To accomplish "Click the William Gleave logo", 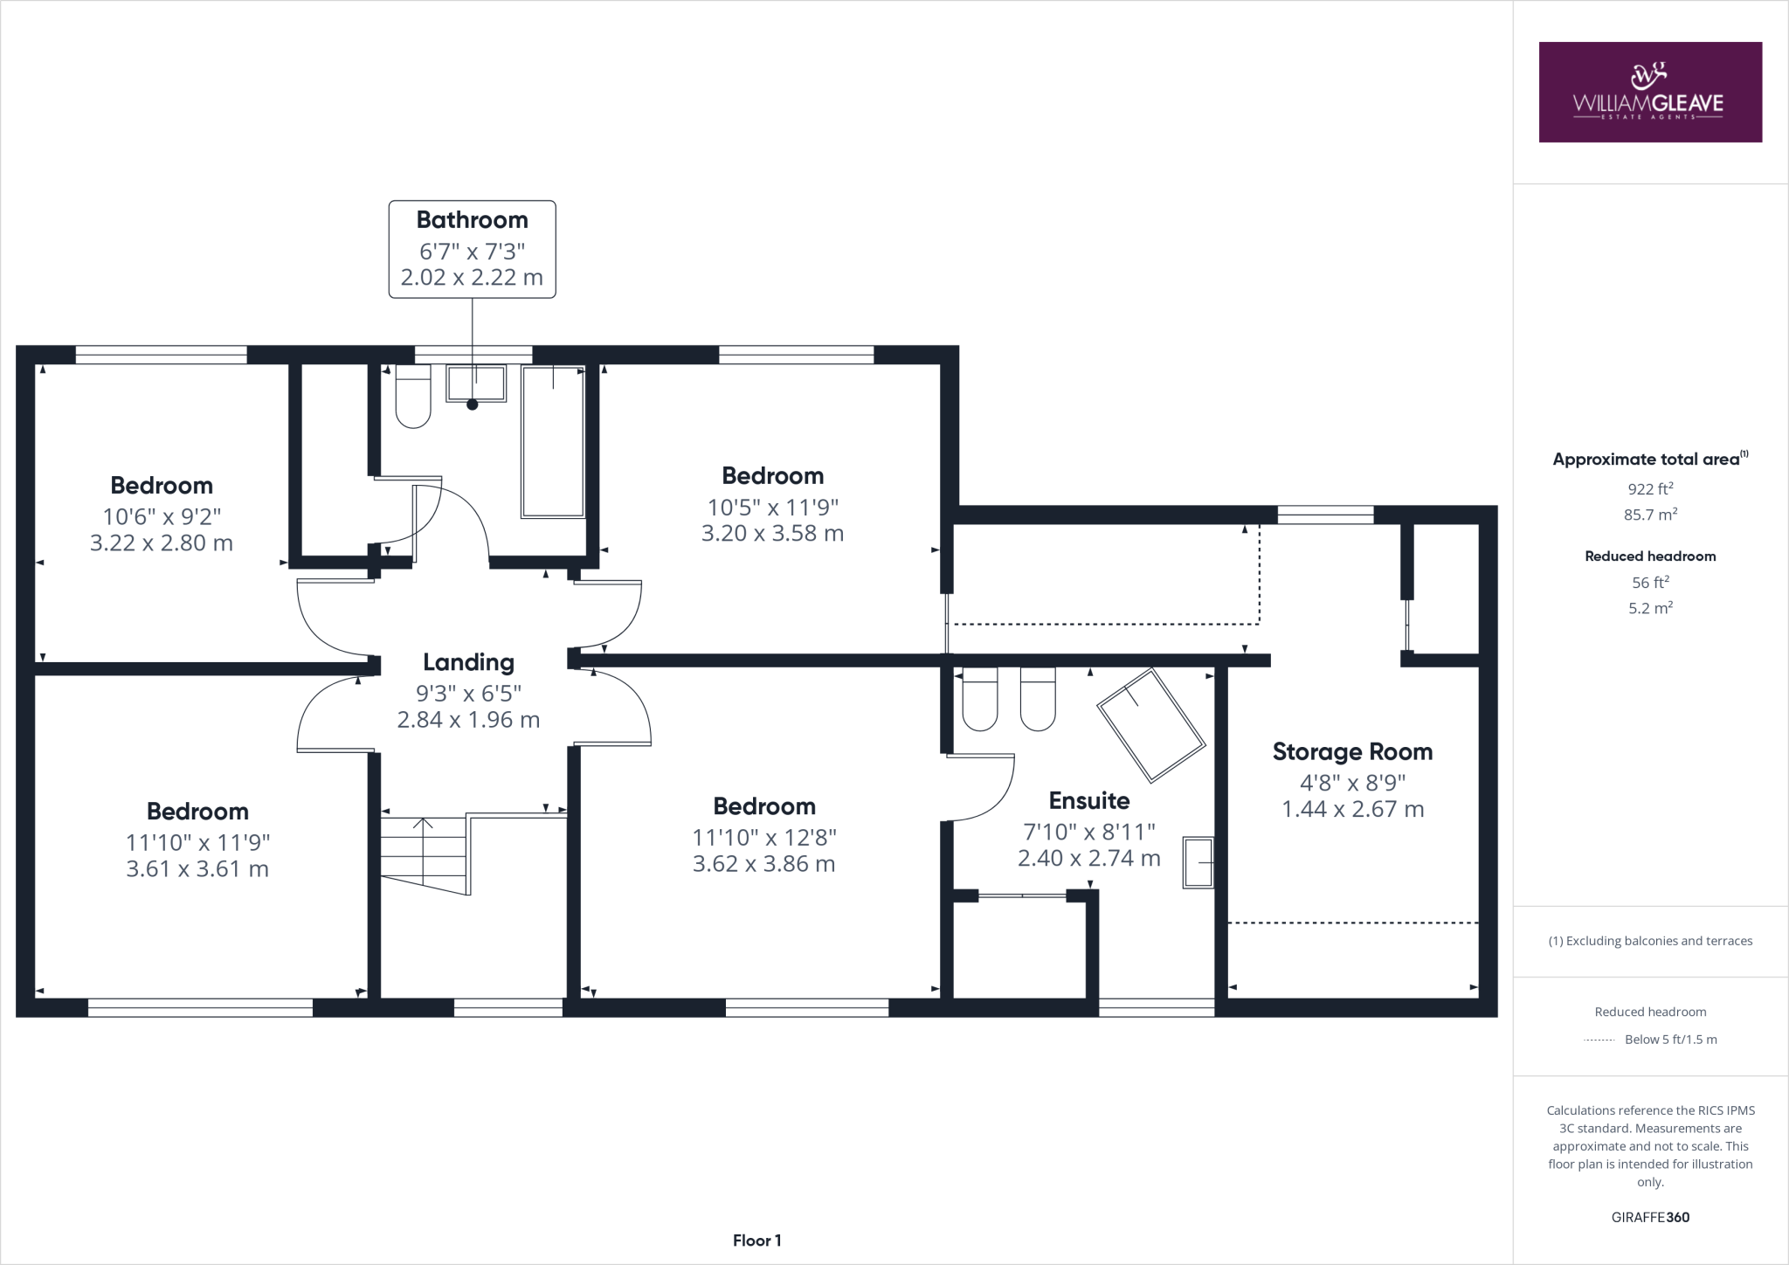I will pos(1649,92).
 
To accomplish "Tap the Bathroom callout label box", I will pos(472,249).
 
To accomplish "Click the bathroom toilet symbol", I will pos(413,397).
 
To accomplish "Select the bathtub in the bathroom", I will pos(553,442).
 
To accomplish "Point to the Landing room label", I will pos(468,662).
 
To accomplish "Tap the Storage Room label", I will pos(1351,751).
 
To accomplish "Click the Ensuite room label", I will pos(1088,800).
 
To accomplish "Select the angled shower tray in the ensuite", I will pos(1150,725).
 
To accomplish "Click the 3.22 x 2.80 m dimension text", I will pos(162,543).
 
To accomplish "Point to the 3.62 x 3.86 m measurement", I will pos(763,864).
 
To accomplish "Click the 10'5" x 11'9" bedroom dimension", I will pos(772,507).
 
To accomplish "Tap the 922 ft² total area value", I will pos(1649,489).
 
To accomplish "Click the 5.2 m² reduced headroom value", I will pos(1649,608).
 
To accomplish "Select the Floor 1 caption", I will pos(756,1241).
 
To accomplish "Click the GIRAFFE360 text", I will pos(1649,1217).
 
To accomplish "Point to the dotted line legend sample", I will pos(1599,1040).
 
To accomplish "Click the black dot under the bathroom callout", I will pos(473,404).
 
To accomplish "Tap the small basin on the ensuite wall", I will pos(1198,862).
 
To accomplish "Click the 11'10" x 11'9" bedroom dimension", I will pos(197,842).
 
